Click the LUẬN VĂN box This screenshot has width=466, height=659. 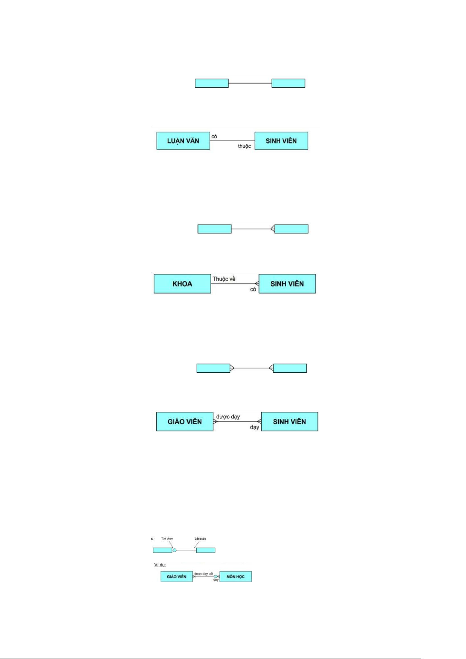183,141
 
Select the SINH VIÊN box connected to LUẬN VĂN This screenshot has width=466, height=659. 281,141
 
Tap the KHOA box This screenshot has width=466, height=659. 182,284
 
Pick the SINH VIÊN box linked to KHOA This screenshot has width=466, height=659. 287,284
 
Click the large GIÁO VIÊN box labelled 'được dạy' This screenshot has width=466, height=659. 185,422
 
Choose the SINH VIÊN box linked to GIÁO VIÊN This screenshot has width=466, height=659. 289,422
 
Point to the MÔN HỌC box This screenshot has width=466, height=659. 235,576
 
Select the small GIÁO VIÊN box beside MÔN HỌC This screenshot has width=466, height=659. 176,576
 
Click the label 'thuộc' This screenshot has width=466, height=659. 244,146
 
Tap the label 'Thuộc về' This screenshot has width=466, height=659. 224,279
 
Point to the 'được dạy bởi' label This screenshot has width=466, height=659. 204,574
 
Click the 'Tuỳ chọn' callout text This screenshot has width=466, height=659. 167,539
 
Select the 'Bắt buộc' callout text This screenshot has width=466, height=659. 200,539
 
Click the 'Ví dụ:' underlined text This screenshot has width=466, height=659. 160,565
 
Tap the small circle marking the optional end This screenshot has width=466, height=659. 175,550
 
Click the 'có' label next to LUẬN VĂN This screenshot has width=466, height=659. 214,136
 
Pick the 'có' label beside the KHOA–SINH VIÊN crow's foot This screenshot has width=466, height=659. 253,289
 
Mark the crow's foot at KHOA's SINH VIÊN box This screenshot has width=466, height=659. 257,284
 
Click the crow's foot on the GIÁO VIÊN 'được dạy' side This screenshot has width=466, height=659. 215,422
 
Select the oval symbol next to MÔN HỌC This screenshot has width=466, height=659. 216,576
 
